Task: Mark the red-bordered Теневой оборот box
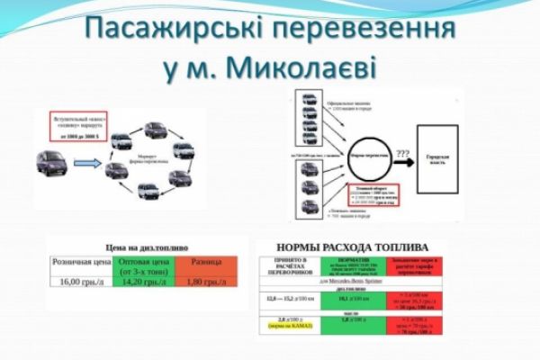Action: tap(364, 192)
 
